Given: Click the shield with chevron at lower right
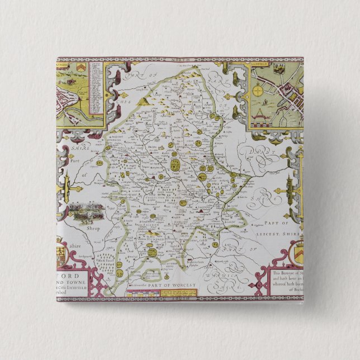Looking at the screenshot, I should pyautogui.click(x=298, y=248).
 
